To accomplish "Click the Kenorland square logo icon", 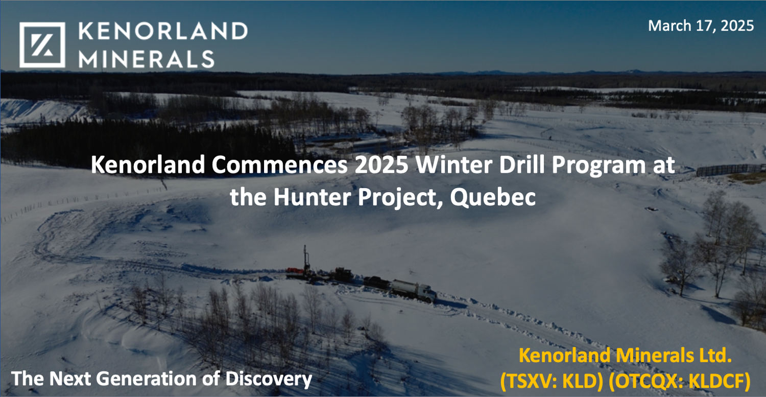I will coord(42,45).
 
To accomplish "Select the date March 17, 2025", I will coord(701,26).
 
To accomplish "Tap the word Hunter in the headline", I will coord(304,197).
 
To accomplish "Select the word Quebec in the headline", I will coord(493,197).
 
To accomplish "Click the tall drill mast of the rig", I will coord(306,258).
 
